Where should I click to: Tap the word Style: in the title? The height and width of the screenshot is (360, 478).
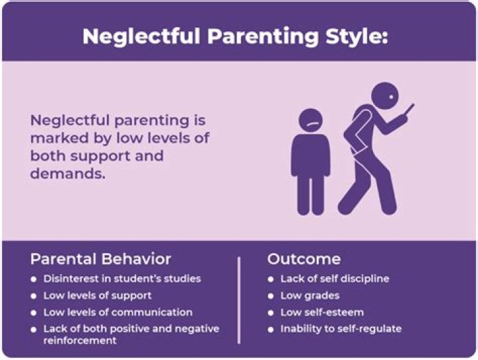pos(355,36)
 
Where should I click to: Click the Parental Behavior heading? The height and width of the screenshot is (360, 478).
pos(100,259)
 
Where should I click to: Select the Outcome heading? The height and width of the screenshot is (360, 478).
pos(303,259)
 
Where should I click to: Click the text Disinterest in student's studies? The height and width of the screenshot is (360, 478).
pos(121,278)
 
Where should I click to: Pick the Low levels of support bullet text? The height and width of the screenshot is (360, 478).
pos(98,295)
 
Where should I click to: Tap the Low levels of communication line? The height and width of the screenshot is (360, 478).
pos(118,312)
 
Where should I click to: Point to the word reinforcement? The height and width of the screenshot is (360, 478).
pos(80,340)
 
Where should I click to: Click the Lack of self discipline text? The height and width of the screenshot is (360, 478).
pos(335,278)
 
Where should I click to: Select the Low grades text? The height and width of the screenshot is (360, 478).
pos(309,295)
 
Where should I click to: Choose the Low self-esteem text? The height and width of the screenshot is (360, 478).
pos(322,312)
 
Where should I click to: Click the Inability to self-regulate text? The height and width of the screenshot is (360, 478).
pos(341,329)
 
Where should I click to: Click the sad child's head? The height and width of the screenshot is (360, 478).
pos(310,118)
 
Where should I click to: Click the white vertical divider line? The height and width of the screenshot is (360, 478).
pos(238,300)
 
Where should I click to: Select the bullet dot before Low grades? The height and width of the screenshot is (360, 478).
pos(271,296)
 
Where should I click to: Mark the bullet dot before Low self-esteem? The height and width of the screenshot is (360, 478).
pos(271,312)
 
